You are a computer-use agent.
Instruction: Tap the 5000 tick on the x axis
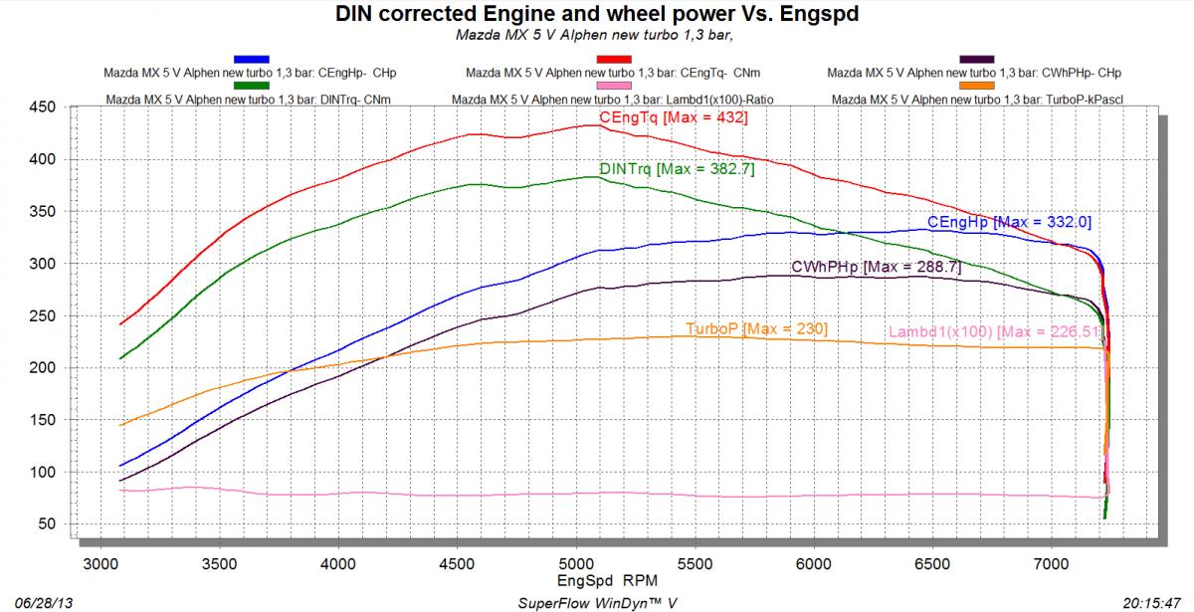576,564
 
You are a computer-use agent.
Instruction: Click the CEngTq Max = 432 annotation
673,118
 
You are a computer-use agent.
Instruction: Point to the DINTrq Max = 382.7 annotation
677,169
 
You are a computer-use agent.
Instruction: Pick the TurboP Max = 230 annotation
756,328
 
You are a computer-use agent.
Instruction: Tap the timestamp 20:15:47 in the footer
1158,603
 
